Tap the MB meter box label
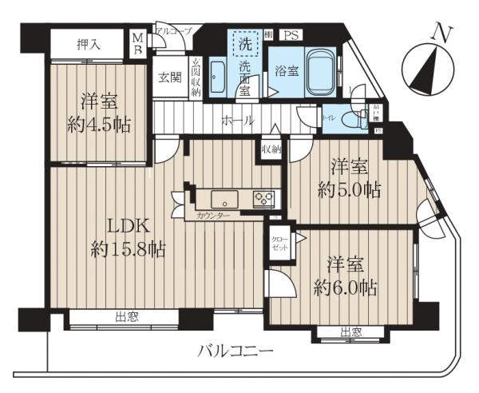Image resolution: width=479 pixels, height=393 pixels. click(137, 42)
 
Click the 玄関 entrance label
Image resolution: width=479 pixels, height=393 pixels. click(168, 77)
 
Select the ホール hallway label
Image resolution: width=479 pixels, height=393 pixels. click(238, 121)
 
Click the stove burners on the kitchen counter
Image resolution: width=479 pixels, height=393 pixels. click(263, 198)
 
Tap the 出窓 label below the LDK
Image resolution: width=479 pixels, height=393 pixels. click(126, 318)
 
